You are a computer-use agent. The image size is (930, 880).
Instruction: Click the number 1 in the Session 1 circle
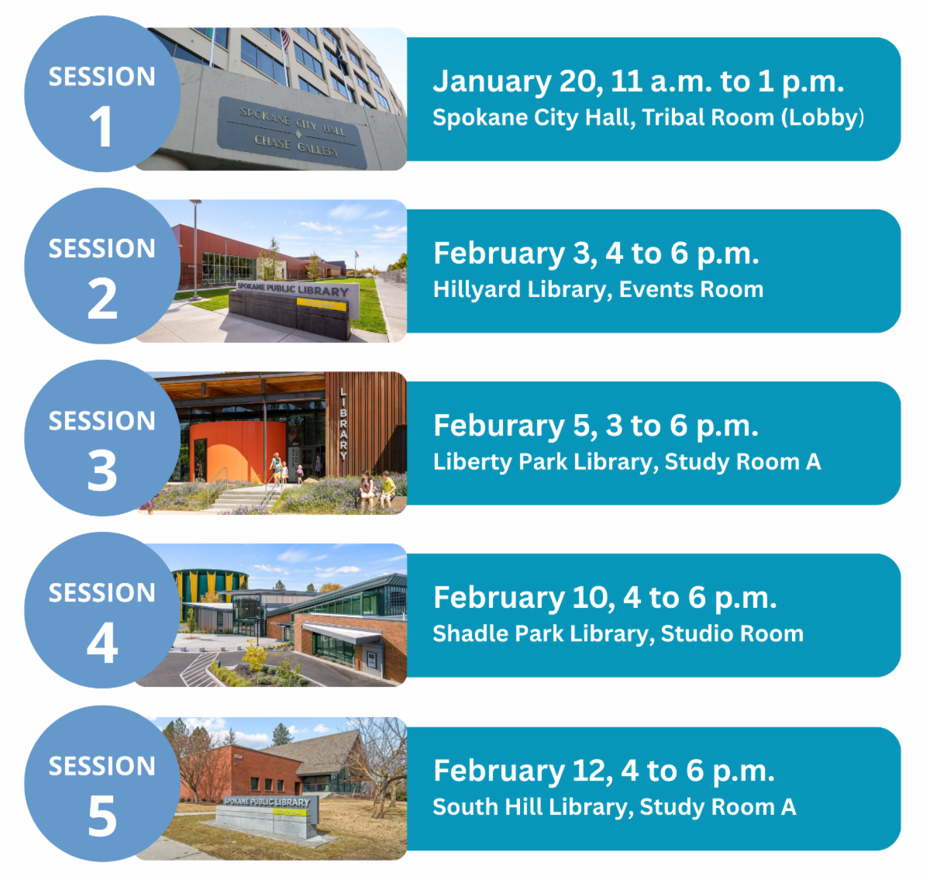click(x=102, y=127)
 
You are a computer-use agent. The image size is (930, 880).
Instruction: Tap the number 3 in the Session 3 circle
click(x=102, y=471)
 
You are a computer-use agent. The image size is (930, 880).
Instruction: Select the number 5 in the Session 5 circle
click(x=102, y=816)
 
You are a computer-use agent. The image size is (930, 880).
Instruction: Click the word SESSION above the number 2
click(x=102, y=249)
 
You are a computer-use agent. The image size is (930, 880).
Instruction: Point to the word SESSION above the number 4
click(x=102, y=593)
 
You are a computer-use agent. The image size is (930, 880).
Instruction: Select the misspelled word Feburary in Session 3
click(x=499, y=426)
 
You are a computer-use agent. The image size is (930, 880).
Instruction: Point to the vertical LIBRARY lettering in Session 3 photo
click(x=343, y=423)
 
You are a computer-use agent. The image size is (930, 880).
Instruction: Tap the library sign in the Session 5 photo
click(x=267, y=807)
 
